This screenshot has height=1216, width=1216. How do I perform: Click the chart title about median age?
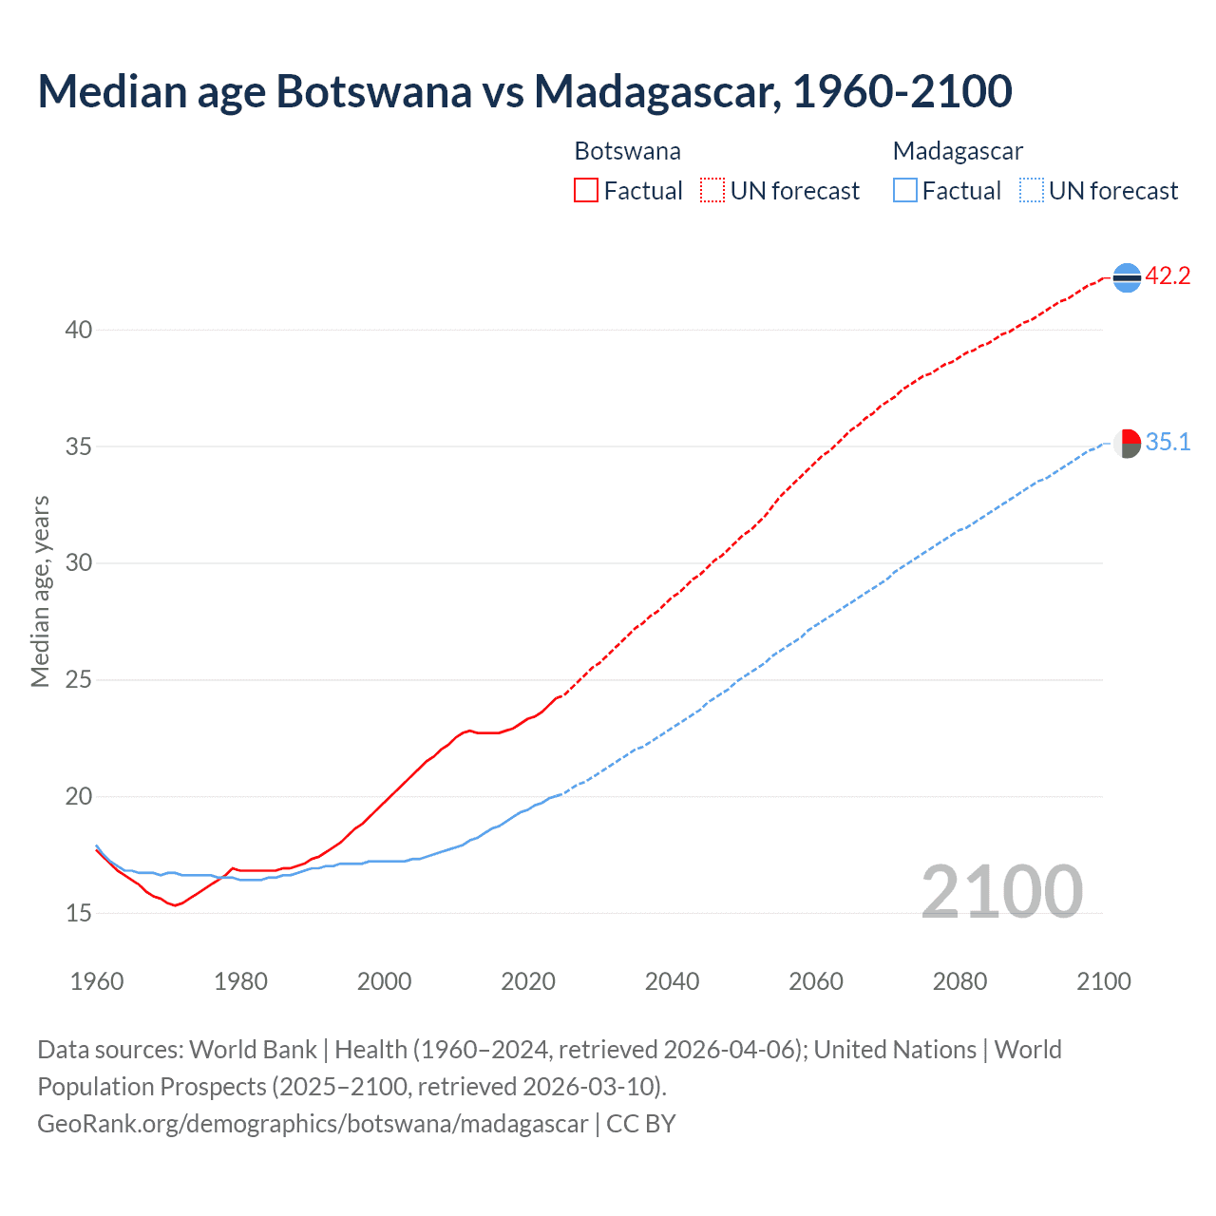(x=524, y=91)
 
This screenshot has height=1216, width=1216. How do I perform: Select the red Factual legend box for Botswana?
(x=586, y=190)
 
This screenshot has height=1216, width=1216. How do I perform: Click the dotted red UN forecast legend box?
(x=712, y=190)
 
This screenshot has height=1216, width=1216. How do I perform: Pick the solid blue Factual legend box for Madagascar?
(x=905, y=190)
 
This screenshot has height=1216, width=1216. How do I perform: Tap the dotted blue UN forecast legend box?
(x=1032, y=190)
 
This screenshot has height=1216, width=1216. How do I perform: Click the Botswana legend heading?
(x=627, y=151)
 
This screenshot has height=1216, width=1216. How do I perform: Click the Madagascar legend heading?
(x=958, y=151)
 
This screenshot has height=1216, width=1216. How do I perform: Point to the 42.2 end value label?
(x=1168, y=276)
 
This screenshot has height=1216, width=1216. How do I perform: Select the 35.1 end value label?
(x=1168, y=442)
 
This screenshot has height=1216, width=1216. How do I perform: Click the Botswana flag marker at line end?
(x=1127, y=277)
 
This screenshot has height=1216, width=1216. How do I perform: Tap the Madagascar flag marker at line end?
(x=1127, y=443)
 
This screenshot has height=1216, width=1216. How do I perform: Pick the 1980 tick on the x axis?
(x=240, y=981)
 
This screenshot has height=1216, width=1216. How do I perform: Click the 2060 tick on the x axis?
(x=816, y=981)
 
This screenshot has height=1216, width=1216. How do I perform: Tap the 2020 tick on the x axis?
(x=528, y=981)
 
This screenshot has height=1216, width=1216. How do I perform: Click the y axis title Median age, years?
(x=40, y=591)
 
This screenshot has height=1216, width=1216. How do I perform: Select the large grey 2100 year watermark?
(x=1002, y=891)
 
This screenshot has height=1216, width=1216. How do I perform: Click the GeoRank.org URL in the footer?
(x=313, y=1124)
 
